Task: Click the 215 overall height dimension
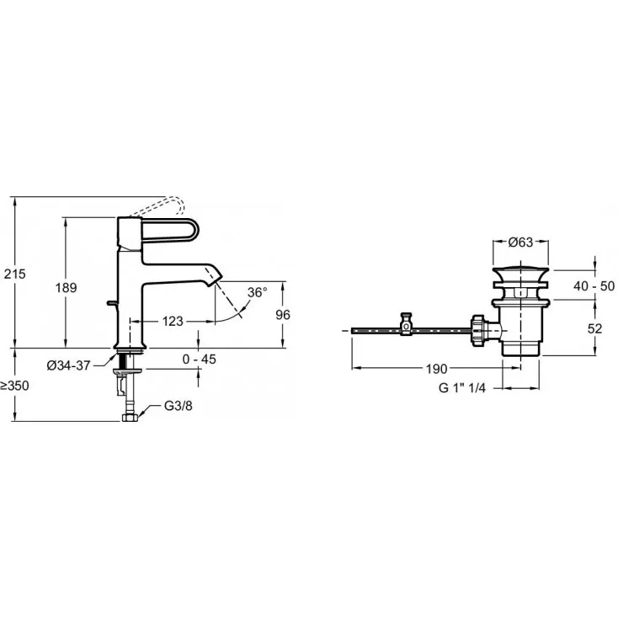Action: (14, 274)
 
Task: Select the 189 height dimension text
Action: (66, 288)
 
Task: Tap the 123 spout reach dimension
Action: (173, 322)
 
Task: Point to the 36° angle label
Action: (257, 292)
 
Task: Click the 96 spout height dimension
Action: (283, 315)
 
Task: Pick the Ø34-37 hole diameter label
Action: (68, 365)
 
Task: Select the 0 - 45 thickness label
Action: (199, 359)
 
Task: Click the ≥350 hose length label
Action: (14, 386)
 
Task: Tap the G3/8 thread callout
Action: (178, 406)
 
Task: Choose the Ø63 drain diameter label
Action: (520, 242)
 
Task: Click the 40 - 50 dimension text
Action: (594, 285)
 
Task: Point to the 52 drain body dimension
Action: (594, 328)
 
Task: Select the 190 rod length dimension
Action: (437, 369)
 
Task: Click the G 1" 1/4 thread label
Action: (462, 388)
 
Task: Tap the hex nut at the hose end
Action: (130, 418)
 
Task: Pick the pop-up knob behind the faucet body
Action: (112, 303)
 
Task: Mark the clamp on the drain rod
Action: (406, 324)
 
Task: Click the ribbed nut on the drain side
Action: (477, 330)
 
